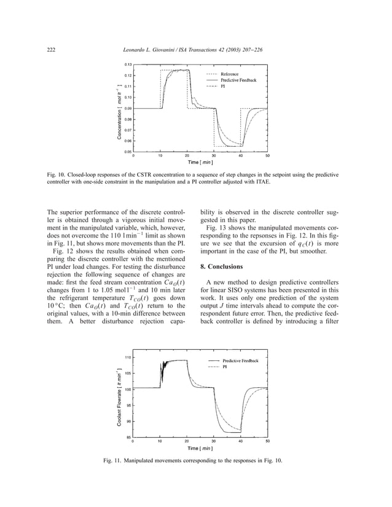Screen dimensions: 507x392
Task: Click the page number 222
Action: point(52,49)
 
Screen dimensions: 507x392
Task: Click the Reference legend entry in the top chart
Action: point(233,74)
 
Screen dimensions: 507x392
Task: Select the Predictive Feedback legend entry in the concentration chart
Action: point(238,80)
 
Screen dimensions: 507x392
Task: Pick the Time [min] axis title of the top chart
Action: point(200,163)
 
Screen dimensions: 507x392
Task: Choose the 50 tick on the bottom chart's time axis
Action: point(267,441)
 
